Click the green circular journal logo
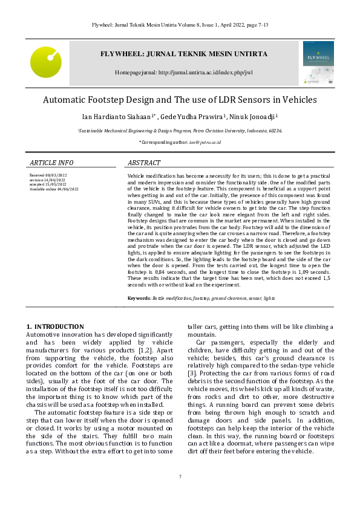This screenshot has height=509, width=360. tap(46, 62)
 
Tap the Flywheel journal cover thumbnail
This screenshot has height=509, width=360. tap(318, 62)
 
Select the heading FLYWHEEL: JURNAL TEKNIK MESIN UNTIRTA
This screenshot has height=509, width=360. tap(183, 54)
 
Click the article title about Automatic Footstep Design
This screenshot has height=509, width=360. tap(180, 100)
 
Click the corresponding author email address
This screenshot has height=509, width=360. tap(206, 142)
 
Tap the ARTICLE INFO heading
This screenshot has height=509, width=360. tap(51, 163)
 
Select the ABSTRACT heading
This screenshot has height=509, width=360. tap(144, 163)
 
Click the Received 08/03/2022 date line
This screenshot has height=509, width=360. tap(48, 175)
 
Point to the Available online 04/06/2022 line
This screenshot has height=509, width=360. tap(54, 189)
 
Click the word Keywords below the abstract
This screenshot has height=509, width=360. tap(139, 299)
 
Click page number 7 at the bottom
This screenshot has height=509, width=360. tap(180, 477)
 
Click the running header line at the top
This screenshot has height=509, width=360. tap(180, 25)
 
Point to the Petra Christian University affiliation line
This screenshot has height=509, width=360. tap(180, 130)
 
